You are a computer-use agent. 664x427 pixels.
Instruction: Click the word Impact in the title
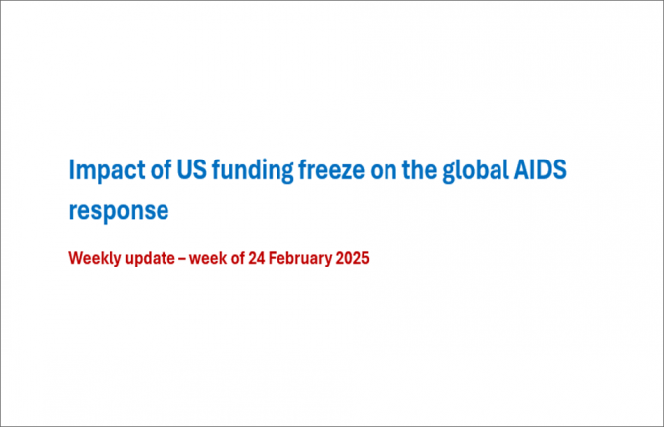tap(107, 170)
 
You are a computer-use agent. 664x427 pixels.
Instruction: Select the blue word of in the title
tap(161, 168)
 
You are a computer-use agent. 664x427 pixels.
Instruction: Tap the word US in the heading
tap(192, 169)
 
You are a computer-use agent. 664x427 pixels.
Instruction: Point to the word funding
tap(253, 170)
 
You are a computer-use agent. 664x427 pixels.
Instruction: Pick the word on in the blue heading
tap(384, 172)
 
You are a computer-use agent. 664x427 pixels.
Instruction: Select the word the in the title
tap(419, 168)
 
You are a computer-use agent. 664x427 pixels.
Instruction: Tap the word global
tap(476, 170)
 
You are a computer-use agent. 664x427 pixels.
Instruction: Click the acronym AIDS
tap(540, 169)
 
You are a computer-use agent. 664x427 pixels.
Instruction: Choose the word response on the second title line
tap(119, 212)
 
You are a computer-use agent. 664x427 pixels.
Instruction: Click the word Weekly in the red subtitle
tap(95, 259)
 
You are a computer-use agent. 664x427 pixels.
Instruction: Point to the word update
tap(150, 259)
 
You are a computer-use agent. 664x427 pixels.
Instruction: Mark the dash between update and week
tap(182, 259)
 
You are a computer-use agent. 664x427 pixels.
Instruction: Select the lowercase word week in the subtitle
tap(208, 258)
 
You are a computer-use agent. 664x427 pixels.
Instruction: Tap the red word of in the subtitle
tap(237, 258)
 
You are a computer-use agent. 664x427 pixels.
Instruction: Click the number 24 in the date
tap(257, 258)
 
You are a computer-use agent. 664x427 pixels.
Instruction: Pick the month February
tap(300, 259)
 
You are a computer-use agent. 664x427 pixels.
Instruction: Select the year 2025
tap(353, 258)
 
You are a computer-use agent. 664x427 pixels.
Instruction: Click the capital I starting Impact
tap(71, 169)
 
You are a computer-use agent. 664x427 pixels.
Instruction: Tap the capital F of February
tap(274, 258)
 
